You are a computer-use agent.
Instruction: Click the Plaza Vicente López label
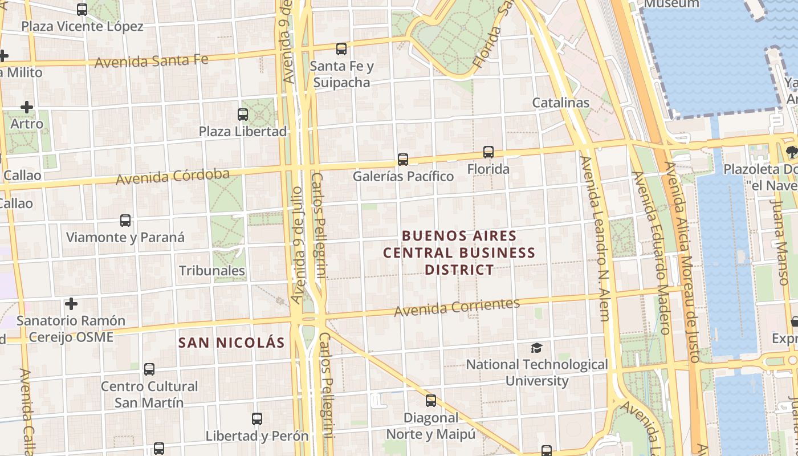(x=82, y=26)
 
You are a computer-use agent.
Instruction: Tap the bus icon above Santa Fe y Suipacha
(x=341, y=49)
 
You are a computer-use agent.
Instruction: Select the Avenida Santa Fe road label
(x=152, y=60)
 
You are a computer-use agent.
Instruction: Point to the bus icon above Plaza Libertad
(x=243, y=114)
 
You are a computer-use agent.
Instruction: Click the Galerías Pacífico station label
(x=403, y=176)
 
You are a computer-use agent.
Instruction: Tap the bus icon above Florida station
(x=488, y=152)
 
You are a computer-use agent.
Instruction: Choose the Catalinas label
(x=560, y=103)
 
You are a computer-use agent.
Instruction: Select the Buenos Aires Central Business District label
(x=459, y=253)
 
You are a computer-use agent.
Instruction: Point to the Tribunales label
(x=212, y=271)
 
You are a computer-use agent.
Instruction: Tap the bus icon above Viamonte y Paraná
(x=125, y=220)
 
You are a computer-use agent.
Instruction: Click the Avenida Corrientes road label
(x=457, y=307)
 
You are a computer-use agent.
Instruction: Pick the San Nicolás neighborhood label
(x=231, y=343)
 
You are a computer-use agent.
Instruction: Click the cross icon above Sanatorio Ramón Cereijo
(x=71, y=303)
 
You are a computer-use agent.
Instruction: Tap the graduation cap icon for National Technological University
(x=536, y=348)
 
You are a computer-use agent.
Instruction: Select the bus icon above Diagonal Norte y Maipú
(x=431, y=401)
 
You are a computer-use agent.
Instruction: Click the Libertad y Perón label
(x=257, y=436)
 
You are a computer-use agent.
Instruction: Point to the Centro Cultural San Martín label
(x=149, y=394)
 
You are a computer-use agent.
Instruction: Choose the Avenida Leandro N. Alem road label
(x=595, y=238)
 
